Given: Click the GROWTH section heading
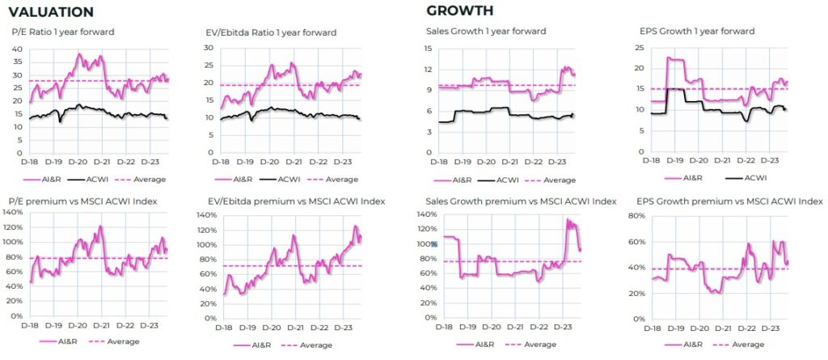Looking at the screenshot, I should [460, 11].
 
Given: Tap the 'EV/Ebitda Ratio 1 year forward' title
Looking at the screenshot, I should [271, 32].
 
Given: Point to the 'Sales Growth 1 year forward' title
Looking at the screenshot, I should [486, 31].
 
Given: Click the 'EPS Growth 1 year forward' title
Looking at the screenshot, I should [697, 31].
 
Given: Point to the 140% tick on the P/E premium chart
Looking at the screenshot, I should [13, 212].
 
